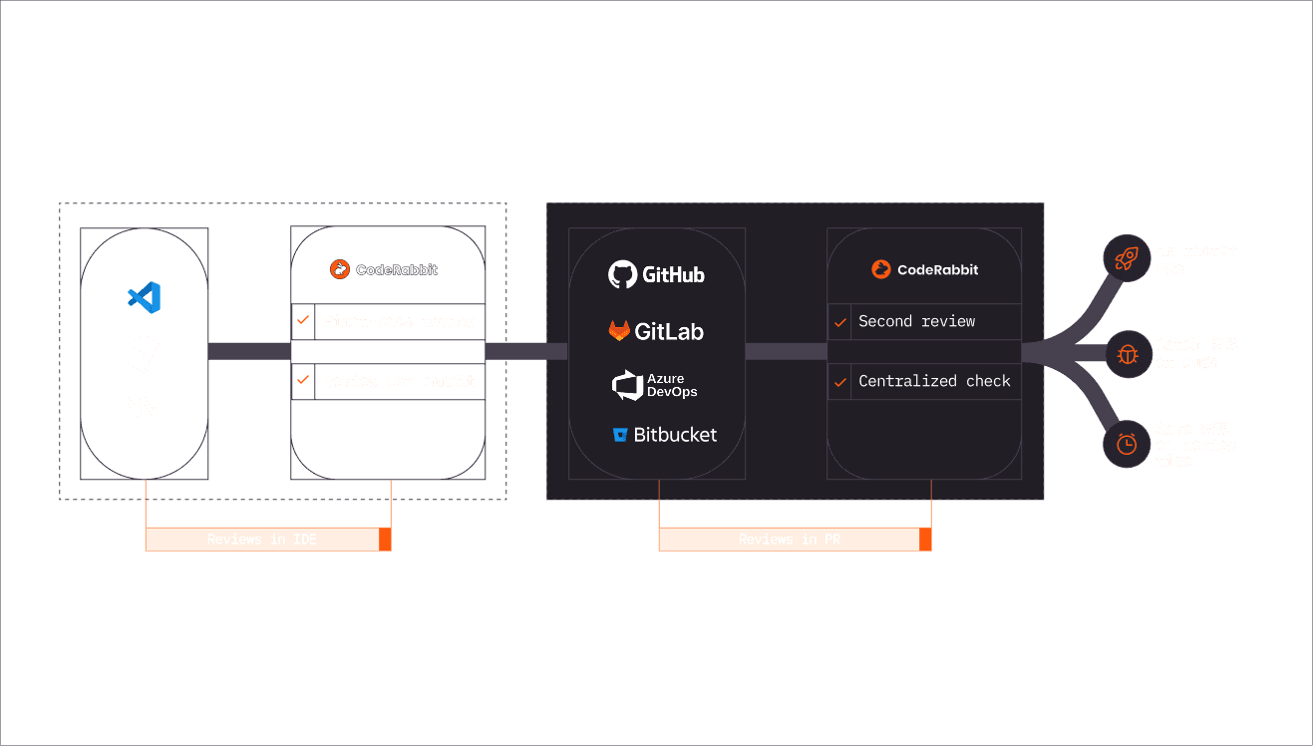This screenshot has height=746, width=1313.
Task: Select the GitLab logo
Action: click(x=656, y=331)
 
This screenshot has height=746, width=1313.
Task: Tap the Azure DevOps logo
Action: click(x=655, y=385)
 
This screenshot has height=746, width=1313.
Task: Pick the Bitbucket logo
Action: click(x=665, y=435)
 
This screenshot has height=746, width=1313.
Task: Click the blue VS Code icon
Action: click(x=145, y=297)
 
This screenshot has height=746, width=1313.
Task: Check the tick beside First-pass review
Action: click(x=303, y=321)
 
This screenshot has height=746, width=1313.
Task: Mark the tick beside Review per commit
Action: click(x=303, y=381)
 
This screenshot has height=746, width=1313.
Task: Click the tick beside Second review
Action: click(x=839, y=322)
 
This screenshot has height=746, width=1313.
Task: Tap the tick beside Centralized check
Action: click(x=839, y=382)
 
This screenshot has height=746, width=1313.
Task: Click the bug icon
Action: click(x=1127, y=353)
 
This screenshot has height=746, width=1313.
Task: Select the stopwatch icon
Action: click(x=1127, y=444)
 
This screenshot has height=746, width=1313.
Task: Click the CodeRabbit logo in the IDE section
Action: click(x=384, y=269)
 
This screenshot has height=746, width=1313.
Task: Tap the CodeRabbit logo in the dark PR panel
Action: click(x=924, y=269)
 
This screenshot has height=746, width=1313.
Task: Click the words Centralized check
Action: click(x=934, y=381)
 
